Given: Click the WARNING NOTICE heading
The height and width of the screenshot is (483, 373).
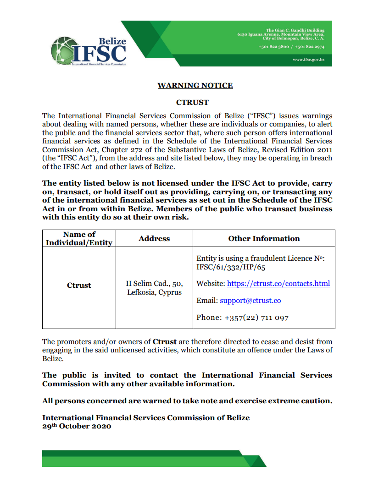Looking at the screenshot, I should click(x=195, y=86).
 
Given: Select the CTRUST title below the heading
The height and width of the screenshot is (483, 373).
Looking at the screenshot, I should click(x=192, y=102).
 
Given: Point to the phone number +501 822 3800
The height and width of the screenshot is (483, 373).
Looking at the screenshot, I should click(x=273, y=47).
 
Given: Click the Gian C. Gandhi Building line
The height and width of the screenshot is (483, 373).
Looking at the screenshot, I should click(x=295, y=30).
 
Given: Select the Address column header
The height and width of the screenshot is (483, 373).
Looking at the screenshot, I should click(x=154, y=239).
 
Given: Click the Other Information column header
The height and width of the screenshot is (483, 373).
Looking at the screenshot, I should click(x=264, y=239).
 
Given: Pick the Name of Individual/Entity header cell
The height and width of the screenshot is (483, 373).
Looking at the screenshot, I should click(x=79, y=239).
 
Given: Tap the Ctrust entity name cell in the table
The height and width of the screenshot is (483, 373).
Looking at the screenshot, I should click(x=79, y=285).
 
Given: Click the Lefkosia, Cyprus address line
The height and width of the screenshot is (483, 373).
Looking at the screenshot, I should click(x=154, y=292).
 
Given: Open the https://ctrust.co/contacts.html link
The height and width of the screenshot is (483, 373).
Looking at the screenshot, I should click(x=278, y=284).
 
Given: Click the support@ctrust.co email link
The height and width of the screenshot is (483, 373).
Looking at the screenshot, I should click(x=250, y=301).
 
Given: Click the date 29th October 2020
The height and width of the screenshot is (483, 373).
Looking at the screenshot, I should click(x=77, y=426).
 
